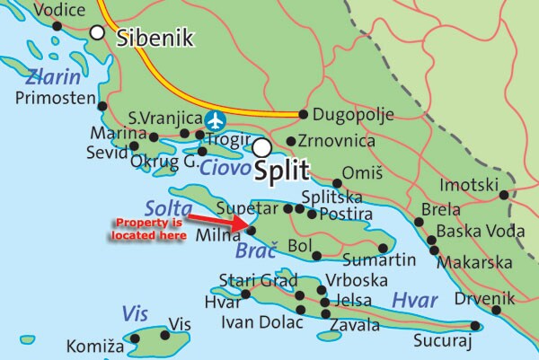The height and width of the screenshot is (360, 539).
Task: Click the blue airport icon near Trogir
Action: coord(215,120)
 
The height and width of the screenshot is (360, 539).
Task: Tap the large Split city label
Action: coord(282,170)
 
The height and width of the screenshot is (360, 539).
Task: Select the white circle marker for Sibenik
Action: coord(97,32)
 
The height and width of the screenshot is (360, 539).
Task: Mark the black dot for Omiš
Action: coord(338,183)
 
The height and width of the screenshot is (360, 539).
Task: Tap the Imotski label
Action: coord(468,186)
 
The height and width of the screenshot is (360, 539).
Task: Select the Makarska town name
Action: coord(481,266)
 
